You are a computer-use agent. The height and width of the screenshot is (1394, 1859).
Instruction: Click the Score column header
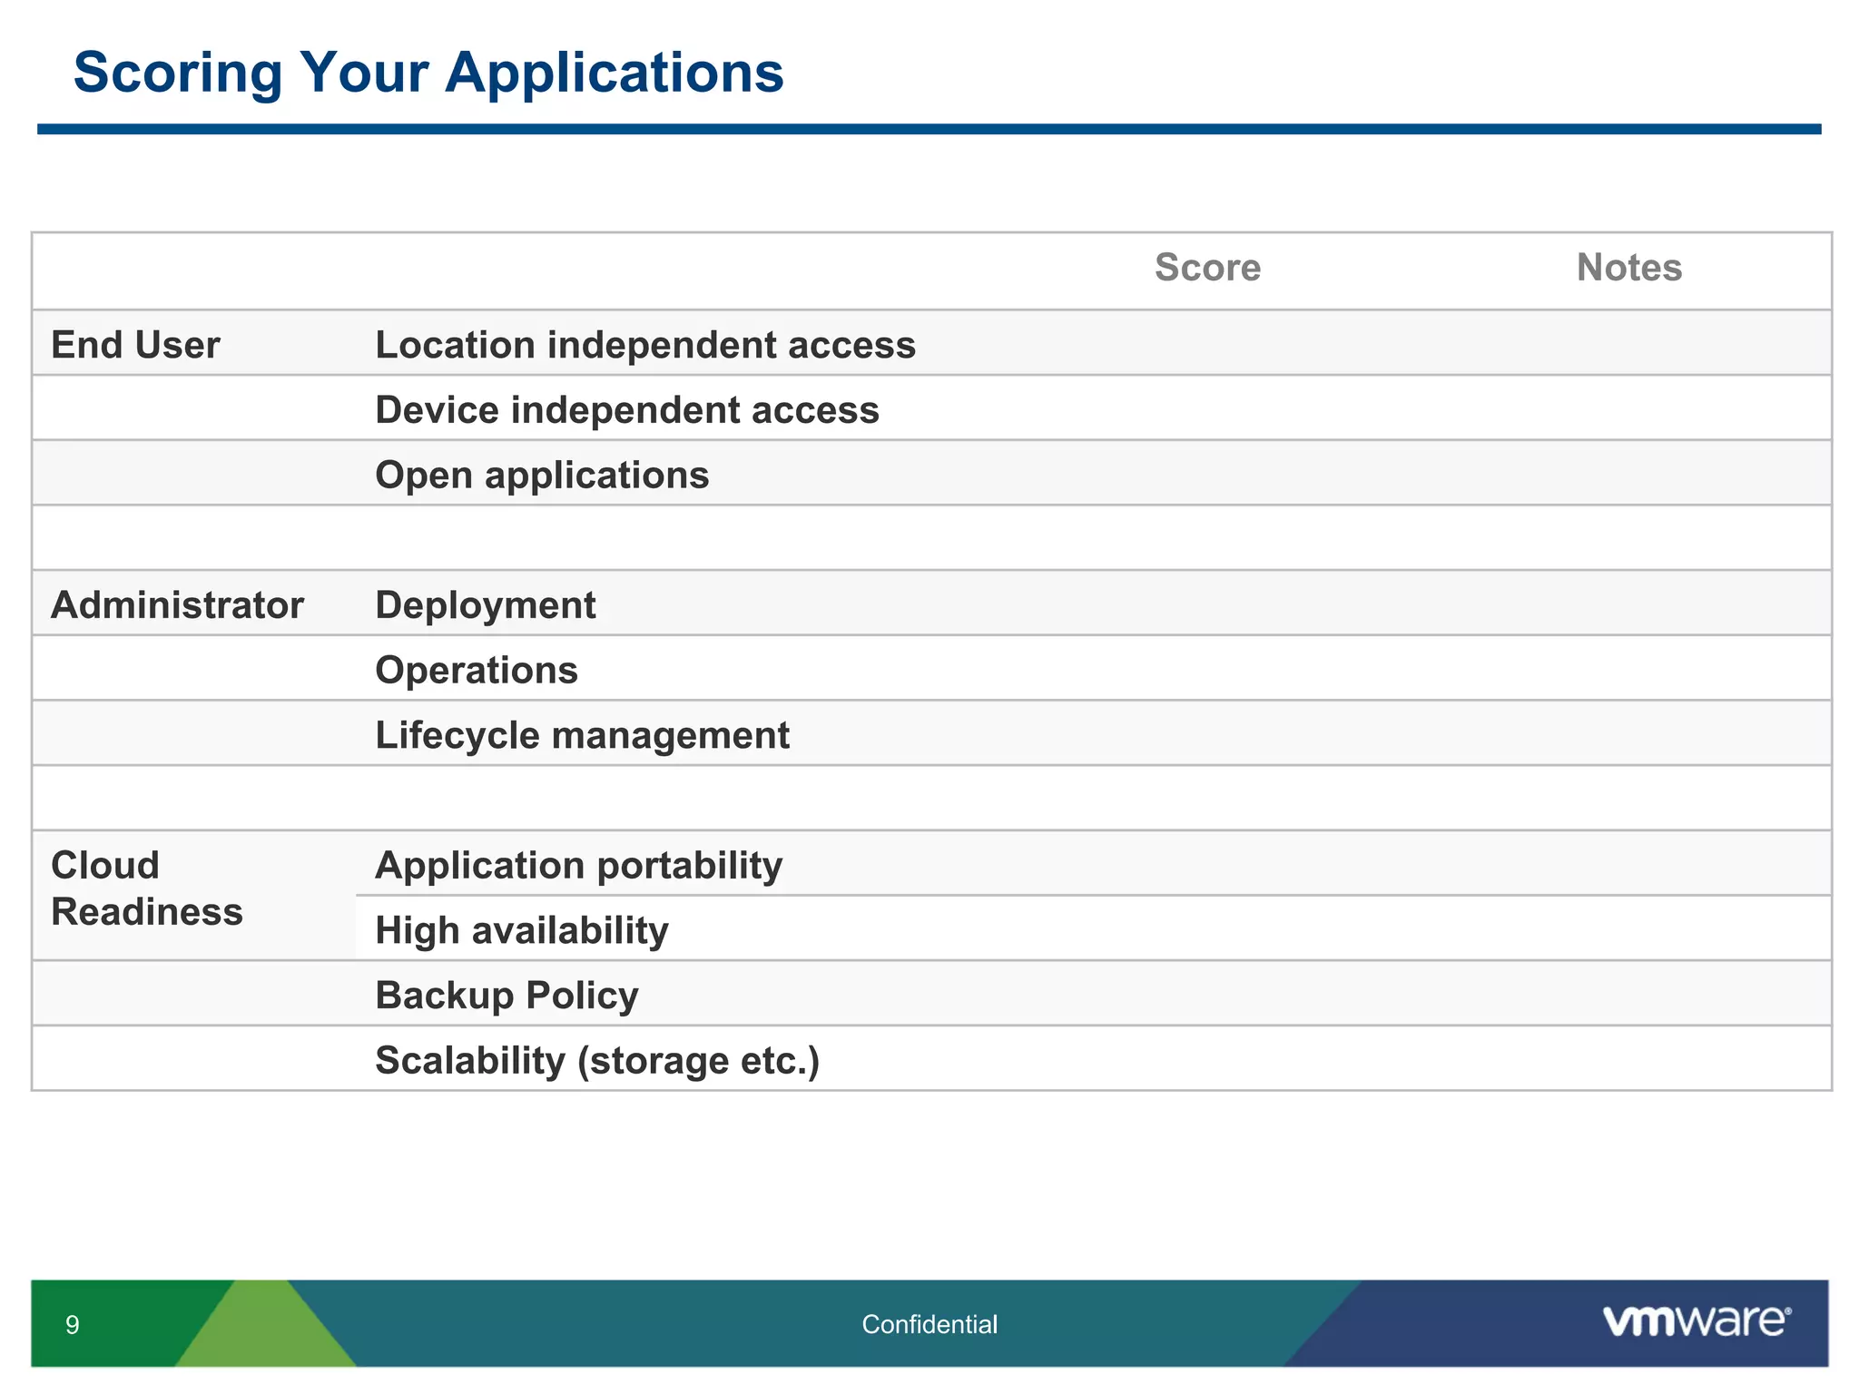point(1207,268)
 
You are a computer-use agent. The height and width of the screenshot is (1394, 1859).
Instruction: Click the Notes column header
point(1628,268)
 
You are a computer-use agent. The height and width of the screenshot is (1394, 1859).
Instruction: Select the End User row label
point(135,345)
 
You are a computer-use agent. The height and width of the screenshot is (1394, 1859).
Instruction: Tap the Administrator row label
point(177,605)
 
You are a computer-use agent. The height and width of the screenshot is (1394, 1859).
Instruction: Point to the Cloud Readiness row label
point(146,888)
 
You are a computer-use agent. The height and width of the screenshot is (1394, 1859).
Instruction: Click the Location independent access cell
point(645,345)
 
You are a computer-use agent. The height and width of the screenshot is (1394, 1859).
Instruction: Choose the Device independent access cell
point(627,410)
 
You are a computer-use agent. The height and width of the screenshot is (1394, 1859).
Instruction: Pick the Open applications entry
point(542,476)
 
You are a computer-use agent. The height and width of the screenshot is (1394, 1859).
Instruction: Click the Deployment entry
point(486,605)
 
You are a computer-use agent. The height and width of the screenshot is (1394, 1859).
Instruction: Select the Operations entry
point(477,671)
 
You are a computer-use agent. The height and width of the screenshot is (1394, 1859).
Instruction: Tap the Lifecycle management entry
point(582,735)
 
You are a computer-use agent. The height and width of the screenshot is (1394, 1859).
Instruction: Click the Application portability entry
point(578,866)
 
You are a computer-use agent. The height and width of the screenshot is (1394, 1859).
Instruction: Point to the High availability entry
point(522,931)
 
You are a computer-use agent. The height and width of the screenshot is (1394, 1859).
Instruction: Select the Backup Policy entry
point(507,996)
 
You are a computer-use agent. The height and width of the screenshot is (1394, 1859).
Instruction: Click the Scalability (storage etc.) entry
point(597,1061)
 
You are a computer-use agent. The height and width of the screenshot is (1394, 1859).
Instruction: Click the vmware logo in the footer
point(1696,1321)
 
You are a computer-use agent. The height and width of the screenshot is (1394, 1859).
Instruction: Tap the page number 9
point(73,1325)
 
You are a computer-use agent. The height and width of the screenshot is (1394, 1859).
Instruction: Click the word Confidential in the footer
point(929,1325)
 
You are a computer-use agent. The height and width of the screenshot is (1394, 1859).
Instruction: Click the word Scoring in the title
point(178,73)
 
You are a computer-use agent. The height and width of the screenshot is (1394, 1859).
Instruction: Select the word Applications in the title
point(614,73)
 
